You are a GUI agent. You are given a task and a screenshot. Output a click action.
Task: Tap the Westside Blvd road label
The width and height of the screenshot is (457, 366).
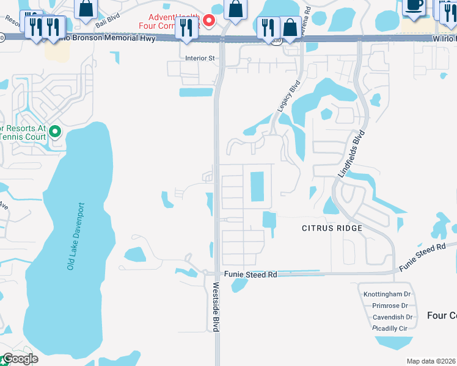(216, 306)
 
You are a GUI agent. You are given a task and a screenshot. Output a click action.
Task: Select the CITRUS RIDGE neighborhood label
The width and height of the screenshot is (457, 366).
(332, 228)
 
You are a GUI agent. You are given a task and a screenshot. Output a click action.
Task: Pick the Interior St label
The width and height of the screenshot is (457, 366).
(201, 59)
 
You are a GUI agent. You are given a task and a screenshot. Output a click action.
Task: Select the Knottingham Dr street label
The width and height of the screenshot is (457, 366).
(386, 294)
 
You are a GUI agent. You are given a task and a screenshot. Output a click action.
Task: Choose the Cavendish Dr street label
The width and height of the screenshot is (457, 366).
(389, 317)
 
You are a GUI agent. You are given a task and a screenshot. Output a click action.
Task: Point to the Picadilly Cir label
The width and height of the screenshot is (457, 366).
(390, 328)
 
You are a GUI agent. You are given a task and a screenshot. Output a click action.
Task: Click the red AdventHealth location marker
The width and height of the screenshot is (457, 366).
(209, 21)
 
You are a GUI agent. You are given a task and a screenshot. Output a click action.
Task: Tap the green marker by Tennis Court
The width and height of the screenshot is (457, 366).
(55, 131)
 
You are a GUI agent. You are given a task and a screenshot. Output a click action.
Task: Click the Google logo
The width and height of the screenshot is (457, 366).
(20, 359)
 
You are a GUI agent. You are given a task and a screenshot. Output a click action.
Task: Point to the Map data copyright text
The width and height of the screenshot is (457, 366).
(431, 361)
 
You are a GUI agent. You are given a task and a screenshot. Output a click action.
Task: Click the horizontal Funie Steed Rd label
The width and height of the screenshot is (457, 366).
(250, 274)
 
